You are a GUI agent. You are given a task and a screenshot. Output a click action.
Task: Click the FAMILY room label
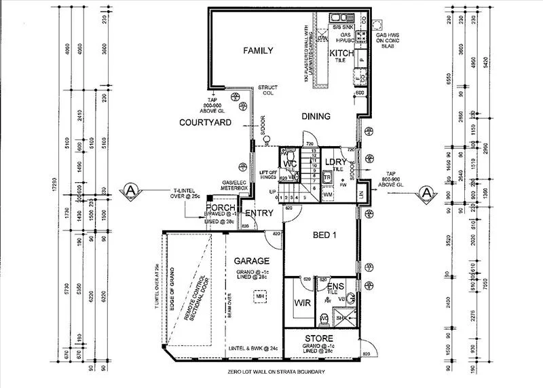(258, 50)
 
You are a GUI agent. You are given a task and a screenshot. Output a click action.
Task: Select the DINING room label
(316, 116)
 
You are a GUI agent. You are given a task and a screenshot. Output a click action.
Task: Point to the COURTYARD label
(205, 123)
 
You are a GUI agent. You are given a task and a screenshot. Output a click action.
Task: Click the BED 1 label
(324, 234)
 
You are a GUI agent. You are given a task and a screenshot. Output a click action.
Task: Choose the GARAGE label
(252, 260)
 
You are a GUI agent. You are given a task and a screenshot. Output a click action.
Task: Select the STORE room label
(318, 338)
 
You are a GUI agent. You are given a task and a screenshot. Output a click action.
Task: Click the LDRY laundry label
(335, 162)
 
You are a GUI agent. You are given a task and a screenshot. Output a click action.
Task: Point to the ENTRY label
(258, 213)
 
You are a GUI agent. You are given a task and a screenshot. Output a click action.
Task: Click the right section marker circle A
(426, 192)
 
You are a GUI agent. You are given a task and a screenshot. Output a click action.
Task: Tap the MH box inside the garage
(259, 296)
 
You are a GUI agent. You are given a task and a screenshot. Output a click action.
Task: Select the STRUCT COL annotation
(267, 90)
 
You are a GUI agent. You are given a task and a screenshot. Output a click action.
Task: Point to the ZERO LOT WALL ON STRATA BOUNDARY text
(278, 372)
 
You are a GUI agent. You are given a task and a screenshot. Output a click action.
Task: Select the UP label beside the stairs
(273, 192)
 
